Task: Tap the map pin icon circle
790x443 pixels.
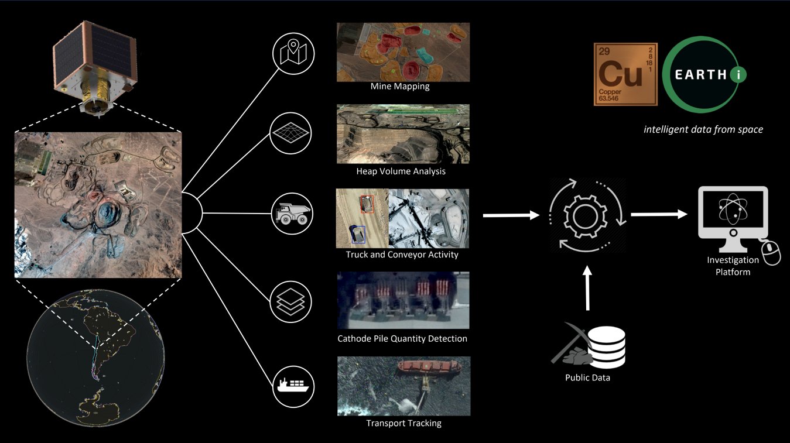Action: coord(294,54)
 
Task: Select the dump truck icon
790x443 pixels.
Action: coord(294,214)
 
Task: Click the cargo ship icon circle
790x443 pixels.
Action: coord(294,386)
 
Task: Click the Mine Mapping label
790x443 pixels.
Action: coord(400,87)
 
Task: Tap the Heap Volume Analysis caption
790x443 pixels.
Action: coord(401,171)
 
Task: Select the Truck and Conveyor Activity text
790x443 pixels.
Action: coord(402,255)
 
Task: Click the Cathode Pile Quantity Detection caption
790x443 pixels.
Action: coord(402,338)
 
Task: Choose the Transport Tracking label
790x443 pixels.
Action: coord(403,423)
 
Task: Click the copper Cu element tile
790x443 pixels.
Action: coord(624,74)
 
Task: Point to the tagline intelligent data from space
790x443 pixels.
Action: coord(703,129)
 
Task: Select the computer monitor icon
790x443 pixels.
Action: coord(733,219)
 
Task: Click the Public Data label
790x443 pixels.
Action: coord(587,377)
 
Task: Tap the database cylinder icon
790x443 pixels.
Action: coord(607,345)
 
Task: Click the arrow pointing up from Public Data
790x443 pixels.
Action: coord(587,289)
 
